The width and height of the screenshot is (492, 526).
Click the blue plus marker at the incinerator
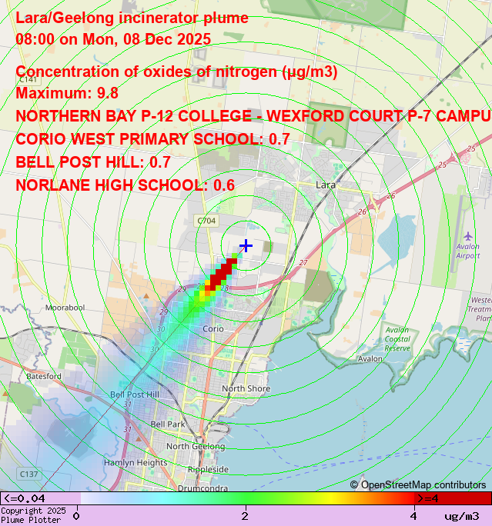(246, 245)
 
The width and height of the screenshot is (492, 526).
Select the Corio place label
(213, 329)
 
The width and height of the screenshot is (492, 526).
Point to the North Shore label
(246, 389)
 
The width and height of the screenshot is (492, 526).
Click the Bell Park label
(168, 424)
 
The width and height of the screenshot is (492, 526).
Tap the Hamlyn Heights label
(136, 463)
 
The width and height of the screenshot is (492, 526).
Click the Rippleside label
(208, 469)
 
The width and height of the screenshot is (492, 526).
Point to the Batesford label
(44, 377)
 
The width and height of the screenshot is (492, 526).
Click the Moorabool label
(65, 308)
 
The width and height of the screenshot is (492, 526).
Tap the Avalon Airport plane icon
(469, 235)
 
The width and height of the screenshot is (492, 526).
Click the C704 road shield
(206, 221)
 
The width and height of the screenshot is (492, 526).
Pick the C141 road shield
(28, 79)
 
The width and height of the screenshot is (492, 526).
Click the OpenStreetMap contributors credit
(418, 485)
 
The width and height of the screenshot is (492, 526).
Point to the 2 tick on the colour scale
(246, 515)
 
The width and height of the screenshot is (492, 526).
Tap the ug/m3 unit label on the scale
(462, 516)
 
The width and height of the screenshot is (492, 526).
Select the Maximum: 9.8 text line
(68, 93)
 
